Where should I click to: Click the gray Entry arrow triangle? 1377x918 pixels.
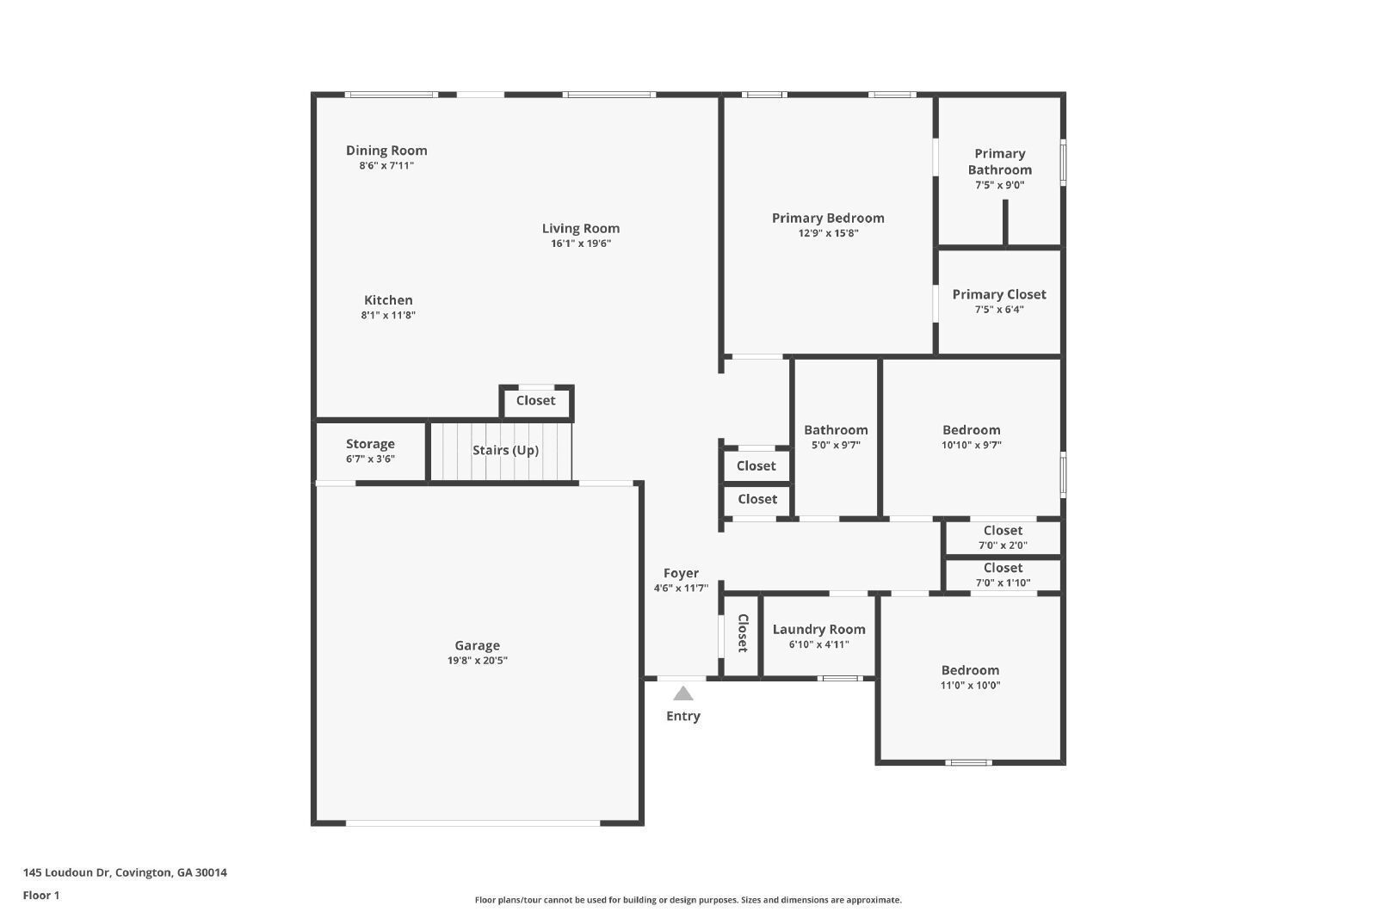[682, 693]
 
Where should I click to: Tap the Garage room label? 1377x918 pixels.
[477, 645]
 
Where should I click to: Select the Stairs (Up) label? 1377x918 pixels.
[505, 450]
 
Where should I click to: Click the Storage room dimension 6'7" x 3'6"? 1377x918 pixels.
[370, 459]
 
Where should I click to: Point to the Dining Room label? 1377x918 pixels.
[386, 151]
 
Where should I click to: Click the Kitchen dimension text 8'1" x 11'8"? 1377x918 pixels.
[388, 316]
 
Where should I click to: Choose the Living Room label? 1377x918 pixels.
[580, 228]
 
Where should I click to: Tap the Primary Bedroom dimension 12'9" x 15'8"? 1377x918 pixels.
[828, 233]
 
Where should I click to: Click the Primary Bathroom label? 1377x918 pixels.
[999, 162]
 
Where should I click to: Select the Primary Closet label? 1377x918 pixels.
[998, 294]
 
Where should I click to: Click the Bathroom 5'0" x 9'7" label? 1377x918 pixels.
[836, 430]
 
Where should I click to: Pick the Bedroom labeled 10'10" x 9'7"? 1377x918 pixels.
[971, 430]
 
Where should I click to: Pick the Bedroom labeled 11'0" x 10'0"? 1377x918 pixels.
[970, 670]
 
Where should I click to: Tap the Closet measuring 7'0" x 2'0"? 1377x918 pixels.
[1003, 531]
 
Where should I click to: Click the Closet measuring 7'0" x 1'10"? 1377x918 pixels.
[1003, 568]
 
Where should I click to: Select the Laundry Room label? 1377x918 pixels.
[818, 629]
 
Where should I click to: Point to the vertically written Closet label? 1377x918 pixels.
[742, 633]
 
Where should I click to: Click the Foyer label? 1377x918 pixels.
[681, 573]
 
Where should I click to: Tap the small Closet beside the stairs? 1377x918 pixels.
[535, 400]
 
